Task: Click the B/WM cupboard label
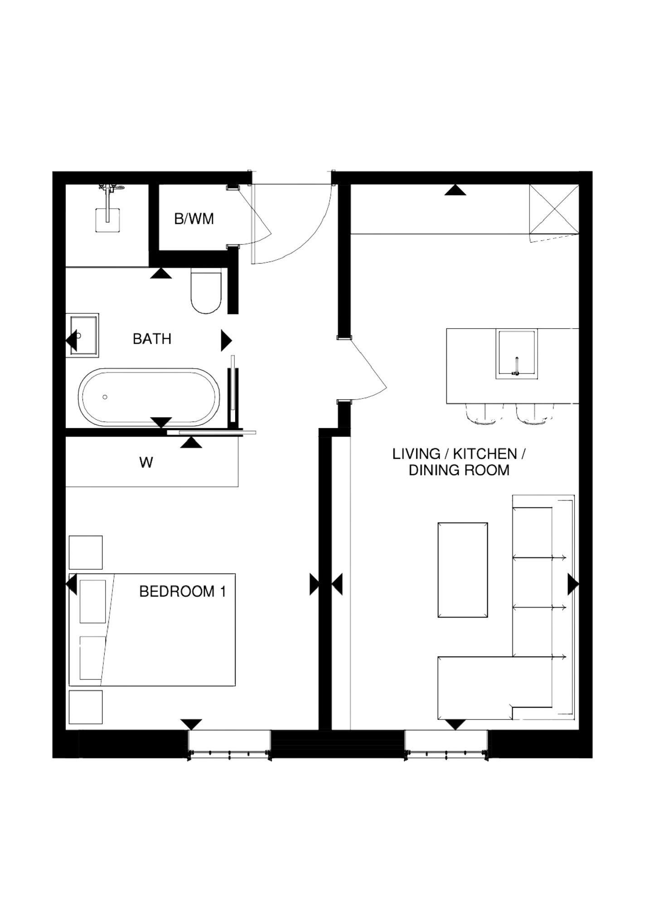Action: pos(194,219)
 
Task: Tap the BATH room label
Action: pos(152,339)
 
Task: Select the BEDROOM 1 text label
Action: pos(182,591)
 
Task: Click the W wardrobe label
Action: pos(146,462)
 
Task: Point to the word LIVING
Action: pos(416,454)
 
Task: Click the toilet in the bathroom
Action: pos(206,291)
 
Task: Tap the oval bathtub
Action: pos(149,398)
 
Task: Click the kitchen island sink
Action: pos(517,354)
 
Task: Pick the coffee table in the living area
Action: pos(463,570)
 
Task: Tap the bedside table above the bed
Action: pos(86,552)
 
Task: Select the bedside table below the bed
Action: pos(86,707)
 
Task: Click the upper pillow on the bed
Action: pos(93,602)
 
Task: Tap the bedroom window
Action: pos(229,743)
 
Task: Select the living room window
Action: pos(446,743)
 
